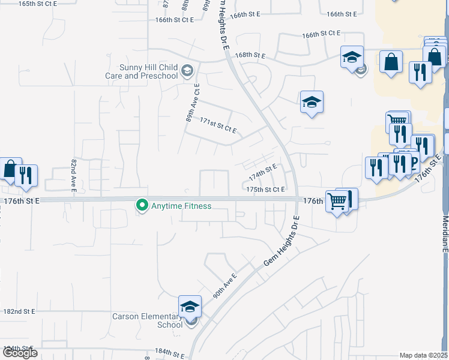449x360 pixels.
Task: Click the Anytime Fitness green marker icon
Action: (142, 206)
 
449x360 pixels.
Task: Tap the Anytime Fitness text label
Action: (181, 206)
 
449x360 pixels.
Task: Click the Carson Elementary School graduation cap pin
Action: (190, 308)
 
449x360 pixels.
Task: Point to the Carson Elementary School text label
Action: (146, 320)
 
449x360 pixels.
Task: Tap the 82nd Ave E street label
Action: (74, 175)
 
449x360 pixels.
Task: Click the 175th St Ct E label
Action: (265, 190)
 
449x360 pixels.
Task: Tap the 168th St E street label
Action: (250, 55)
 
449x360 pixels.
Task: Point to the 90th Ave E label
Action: (225, 286)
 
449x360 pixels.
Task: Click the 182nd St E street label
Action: (19, 311)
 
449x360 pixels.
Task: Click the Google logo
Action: (20, 353)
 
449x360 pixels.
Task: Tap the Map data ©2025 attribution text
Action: (423, 355)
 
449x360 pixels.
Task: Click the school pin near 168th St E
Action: (352, 58)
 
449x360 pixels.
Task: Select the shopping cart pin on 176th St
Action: (337, 202)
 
